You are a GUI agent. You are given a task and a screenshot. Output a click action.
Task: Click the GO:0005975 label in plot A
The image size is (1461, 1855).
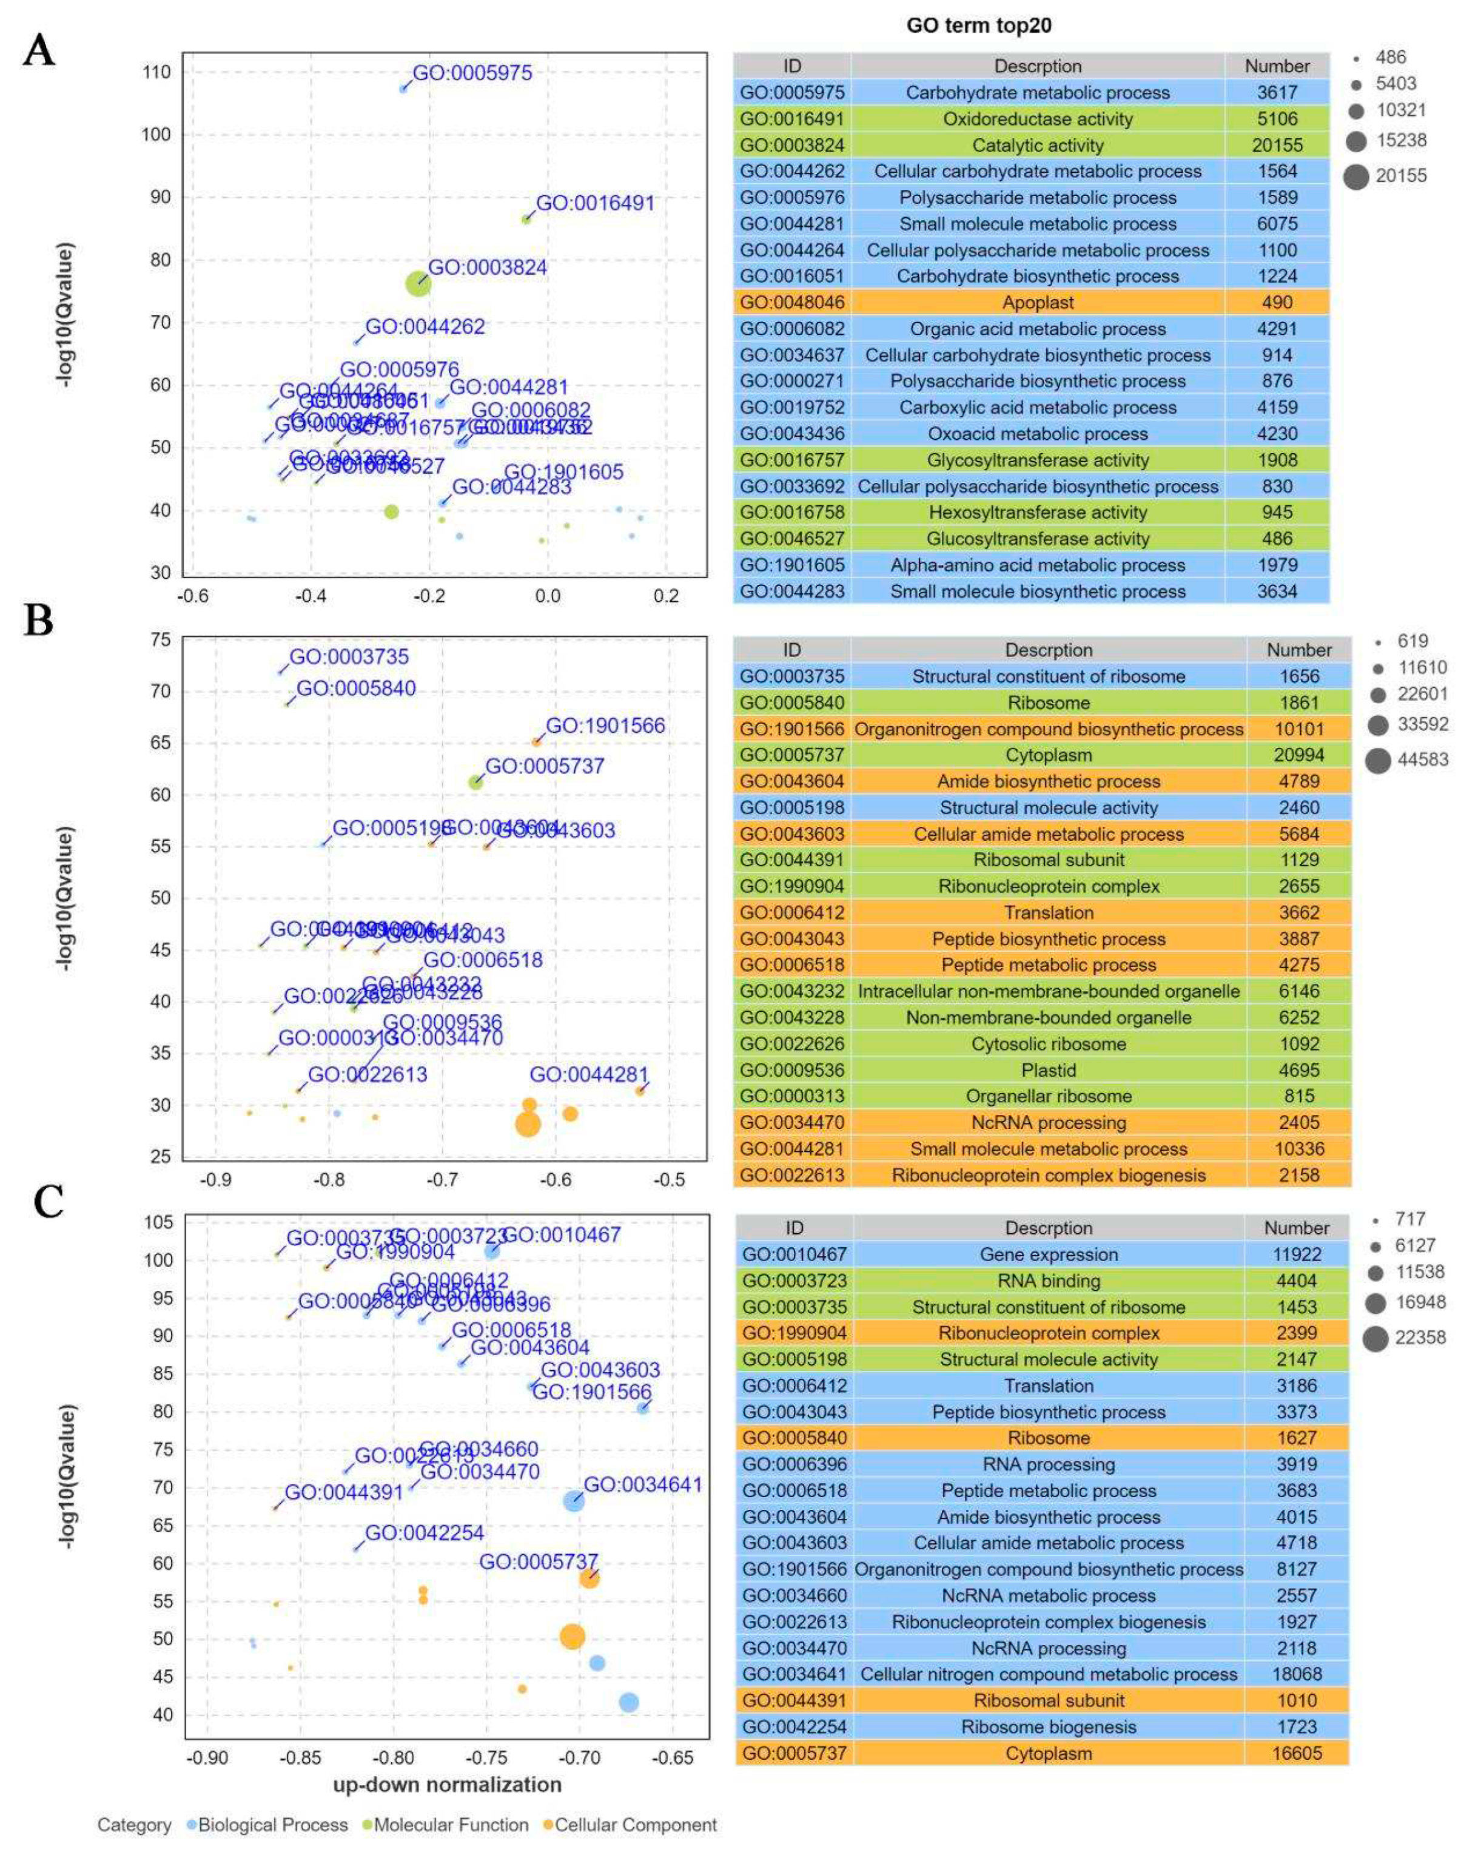(472, 73)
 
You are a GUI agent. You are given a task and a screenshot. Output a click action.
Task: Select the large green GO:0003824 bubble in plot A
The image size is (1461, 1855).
(417, 283)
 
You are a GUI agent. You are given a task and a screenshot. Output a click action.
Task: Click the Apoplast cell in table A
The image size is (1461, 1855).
(1038, 303)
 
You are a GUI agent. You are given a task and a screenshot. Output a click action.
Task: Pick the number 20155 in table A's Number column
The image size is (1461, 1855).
(1277, 146)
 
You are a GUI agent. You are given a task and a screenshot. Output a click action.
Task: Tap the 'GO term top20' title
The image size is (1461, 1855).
(979, 25)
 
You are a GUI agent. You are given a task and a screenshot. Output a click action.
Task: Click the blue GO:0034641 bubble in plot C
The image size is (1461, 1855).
(573, 1501)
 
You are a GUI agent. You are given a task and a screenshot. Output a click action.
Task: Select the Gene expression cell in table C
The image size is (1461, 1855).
(1048, 1255)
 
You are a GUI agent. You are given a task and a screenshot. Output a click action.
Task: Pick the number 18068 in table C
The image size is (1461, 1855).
(1296, 1674)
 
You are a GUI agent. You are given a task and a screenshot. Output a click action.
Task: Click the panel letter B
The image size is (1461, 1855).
(38, 621)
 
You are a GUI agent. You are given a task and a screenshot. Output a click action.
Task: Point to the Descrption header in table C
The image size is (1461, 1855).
(1048, 1228)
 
